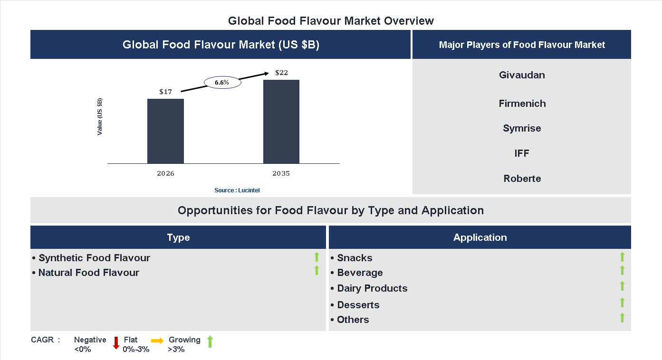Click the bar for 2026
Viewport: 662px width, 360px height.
point(165,131)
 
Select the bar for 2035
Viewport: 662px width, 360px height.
point(281,122)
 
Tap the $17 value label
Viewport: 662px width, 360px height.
point(165,92)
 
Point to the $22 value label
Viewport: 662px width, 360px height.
point(281,73)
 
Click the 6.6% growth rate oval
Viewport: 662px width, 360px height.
point(222,83)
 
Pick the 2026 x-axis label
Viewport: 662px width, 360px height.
point(165,173)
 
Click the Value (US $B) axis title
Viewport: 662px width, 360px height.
point(100,116)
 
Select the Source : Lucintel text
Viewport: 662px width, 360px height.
point(237,190)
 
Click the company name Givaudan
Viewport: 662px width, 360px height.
point(522,75)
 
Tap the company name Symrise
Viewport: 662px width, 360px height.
point(522,128)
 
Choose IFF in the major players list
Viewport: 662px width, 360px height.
point(522,153)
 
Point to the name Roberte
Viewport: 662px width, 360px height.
point(522,179)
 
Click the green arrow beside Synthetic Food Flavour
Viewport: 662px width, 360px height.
point(317,257)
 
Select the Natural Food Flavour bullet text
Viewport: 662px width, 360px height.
point(88,273)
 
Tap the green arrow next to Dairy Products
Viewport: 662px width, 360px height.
point(622,286)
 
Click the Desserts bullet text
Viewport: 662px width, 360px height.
point(358,305)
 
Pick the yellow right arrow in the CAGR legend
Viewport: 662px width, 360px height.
point(157,341)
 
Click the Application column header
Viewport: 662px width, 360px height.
point(480,237)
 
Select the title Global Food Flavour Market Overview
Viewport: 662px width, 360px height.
point(331,21)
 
